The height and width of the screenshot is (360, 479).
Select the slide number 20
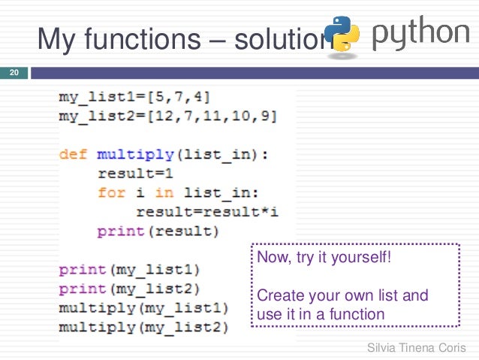point(13,73)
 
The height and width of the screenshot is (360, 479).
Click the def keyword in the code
point(74,155)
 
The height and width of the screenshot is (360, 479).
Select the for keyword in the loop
point(111,193)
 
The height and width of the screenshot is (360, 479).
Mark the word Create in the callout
point(276,295)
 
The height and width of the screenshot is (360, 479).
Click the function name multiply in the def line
point(134,155)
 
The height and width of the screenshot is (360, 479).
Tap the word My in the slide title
point(56,38)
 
